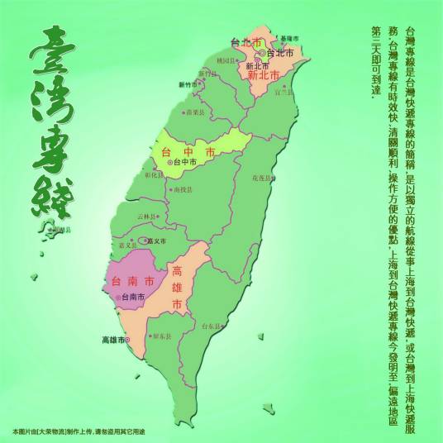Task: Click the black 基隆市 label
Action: point(290,39)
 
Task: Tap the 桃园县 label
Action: point(226,60)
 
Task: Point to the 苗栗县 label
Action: point(194,111)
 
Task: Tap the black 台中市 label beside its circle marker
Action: point(184,163)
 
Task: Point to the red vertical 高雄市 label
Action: point(177,288)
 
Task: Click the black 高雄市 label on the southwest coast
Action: point(112,340)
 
